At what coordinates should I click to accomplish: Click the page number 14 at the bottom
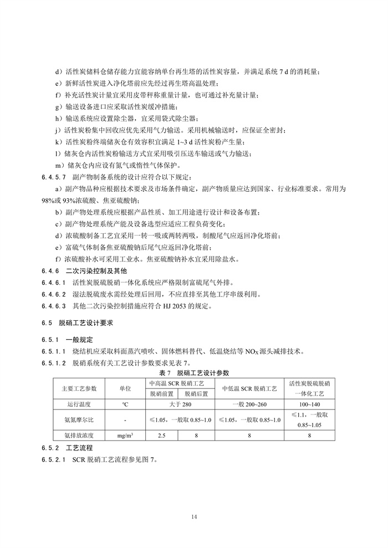click(194, 517)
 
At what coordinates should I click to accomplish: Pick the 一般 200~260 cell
click(249, 404)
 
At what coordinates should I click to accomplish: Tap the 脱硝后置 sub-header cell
click(197, 393)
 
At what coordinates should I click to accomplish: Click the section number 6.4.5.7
click(53, 177)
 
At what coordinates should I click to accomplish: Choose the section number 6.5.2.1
click(53, 460)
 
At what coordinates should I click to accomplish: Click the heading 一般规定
click(80, 339)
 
